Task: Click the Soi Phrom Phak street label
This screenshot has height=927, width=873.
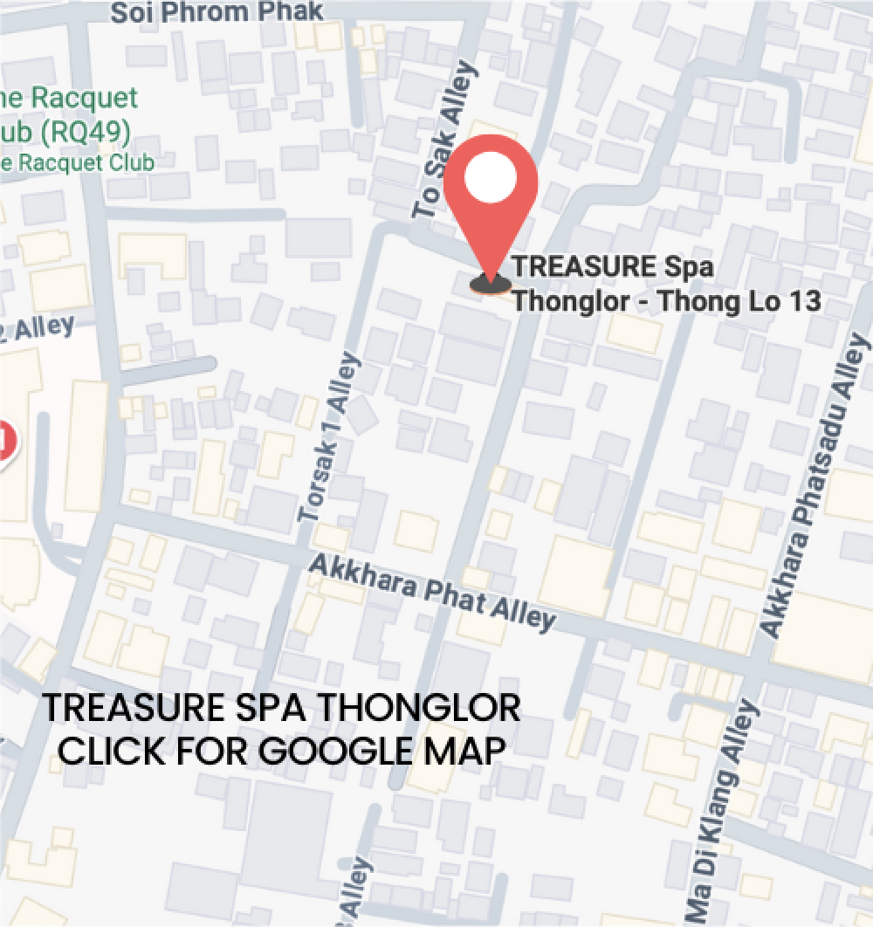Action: tap(217, 11)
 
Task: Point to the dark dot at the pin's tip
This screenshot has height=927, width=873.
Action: tap(490, 283)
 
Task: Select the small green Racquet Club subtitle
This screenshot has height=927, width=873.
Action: tap(79, 162)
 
